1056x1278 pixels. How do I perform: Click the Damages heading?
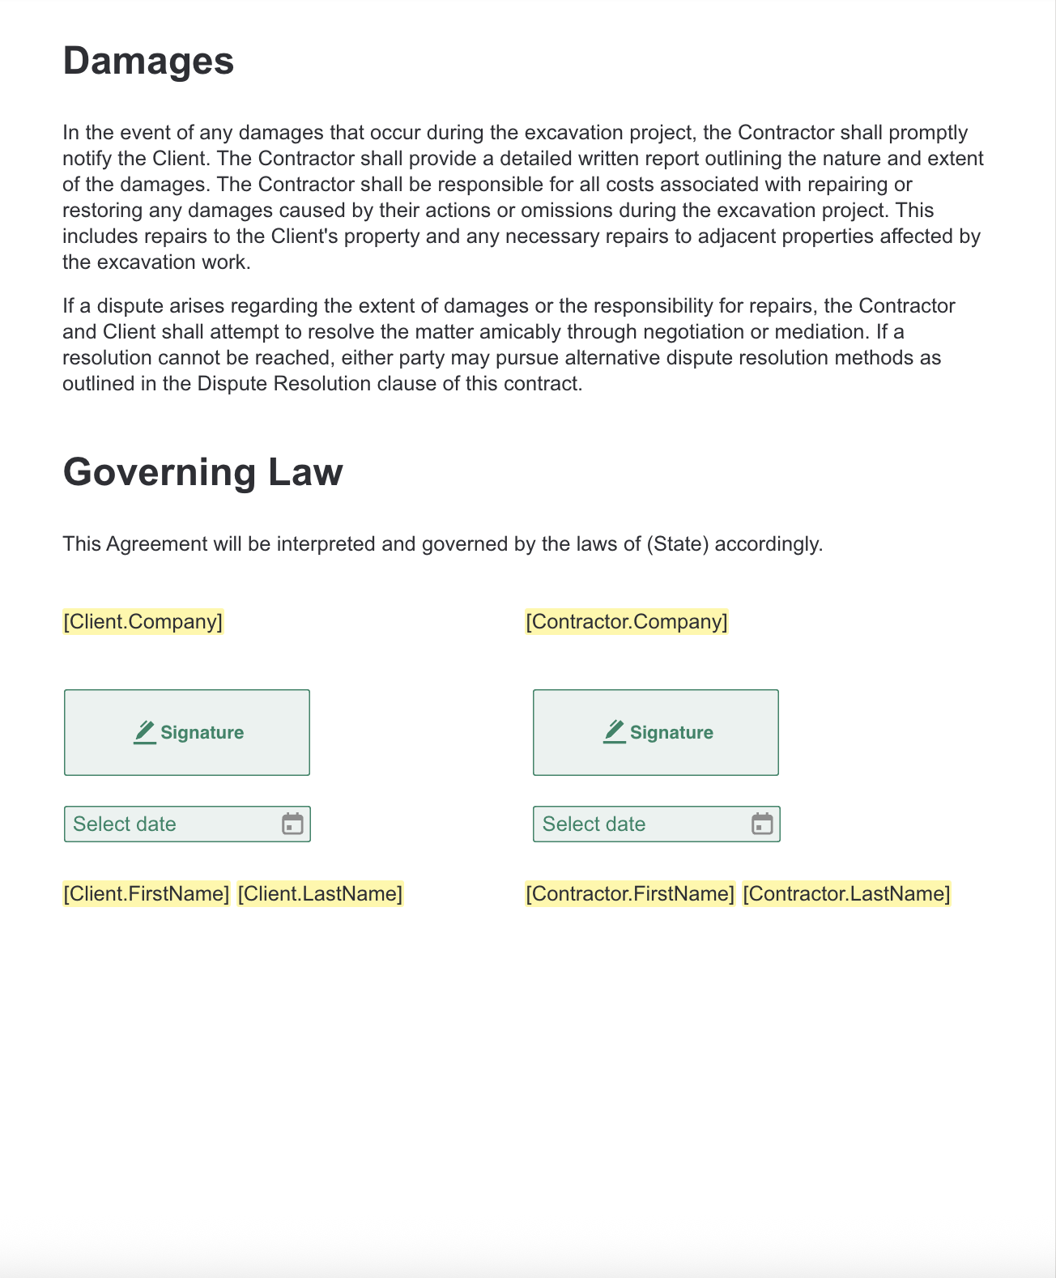148,61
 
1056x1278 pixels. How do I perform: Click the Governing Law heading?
202,471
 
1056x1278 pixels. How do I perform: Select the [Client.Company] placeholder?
143,621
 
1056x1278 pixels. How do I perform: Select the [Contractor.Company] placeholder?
626,621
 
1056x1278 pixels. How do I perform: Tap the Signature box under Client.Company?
187,732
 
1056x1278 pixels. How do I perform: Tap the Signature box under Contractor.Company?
656,732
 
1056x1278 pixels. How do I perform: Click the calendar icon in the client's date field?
292,824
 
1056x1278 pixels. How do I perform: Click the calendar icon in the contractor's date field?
762,824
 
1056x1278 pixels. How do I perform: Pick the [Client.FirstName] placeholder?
147,893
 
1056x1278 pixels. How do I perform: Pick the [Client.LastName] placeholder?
320,893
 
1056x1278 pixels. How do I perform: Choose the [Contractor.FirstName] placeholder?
630,893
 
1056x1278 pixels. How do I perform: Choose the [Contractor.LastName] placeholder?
846,893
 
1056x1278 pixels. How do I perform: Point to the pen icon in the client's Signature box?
145,732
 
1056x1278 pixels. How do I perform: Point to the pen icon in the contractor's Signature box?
615,732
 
